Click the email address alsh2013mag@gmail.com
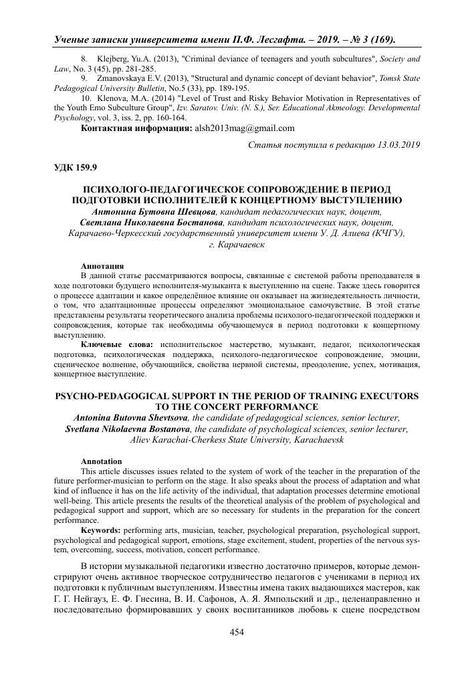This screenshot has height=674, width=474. click(244, 128)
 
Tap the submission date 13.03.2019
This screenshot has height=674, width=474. click(395, 144)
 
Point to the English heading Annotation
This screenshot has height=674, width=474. click(101, 461)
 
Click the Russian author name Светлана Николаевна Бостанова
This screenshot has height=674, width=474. click(152, 222)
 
